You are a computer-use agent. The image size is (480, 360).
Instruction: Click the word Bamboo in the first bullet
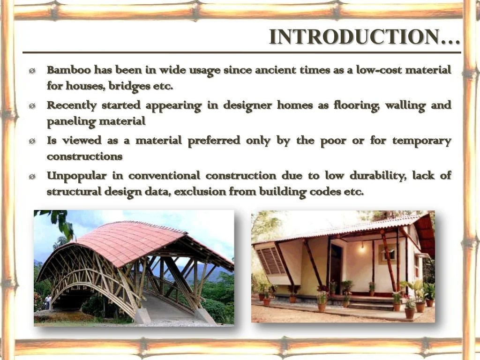click(x=69, y=70)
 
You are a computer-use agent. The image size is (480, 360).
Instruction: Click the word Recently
click(x=71, y=105)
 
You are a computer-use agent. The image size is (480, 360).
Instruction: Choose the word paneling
click(x=68, y=121)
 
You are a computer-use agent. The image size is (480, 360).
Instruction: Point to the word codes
click(x=326, y=192)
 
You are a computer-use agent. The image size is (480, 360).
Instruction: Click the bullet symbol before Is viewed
click(x=31, y=141)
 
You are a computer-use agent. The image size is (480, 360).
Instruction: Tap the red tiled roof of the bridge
click(x=136, y=241)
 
